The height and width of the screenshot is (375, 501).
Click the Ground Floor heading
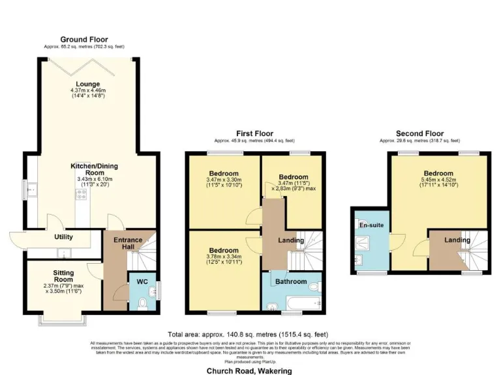click(84, 39)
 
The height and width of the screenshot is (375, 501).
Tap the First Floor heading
click(254, 133)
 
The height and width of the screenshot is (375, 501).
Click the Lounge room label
click(87, 83)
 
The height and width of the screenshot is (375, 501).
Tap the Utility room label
click(63, 237)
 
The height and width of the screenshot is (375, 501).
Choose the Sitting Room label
click(63, 276)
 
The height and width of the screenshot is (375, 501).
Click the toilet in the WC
click(144, 301)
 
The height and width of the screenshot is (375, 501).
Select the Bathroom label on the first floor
click(290, 281)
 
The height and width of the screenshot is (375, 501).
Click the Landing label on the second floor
click(457, 240)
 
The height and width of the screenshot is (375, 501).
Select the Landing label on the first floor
click(290, 240)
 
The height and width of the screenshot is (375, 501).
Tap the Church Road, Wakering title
click(250, 370)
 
